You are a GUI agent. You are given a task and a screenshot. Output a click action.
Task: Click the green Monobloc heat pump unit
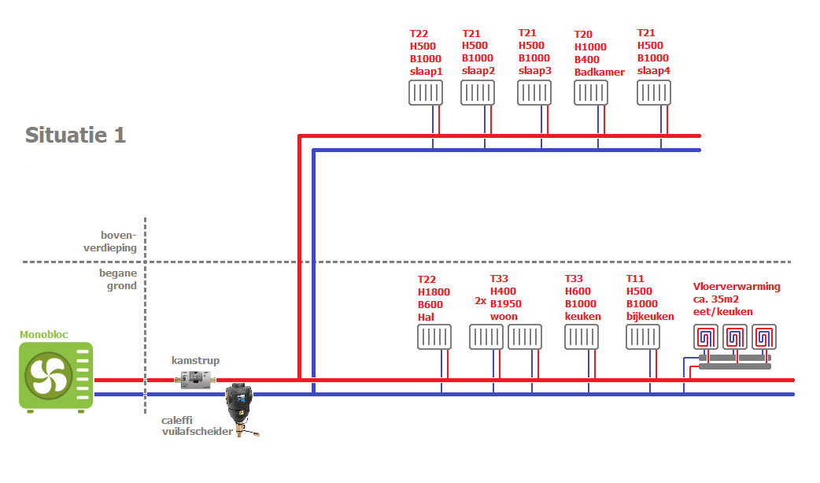point(56,375)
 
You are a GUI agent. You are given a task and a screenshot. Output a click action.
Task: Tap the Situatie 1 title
point(76,135)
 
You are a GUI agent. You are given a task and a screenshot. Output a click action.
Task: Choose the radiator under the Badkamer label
point(593,93)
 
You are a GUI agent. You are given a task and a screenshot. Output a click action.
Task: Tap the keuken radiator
point(582,337)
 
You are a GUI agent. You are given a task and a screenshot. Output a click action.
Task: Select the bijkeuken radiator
point(643,337)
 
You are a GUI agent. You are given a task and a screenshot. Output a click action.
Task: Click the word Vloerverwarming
point(737,287)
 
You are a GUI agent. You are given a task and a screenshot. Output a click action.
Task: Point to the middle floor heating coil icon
point(734,337)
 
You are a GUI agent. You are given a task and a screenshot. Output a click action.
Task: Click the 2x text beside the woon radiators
point(481,301)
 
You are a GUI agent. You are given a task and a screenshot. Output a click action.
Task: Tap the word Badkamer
point(599,72)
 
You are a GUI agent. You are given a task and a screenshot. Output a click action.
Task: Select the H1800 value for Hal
point(434,292)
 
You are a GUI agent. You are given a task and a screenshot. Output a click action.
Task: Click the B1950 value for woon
point(506,304)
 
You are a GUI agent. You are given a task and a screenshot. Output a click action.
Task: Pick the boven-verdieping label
point(118,241)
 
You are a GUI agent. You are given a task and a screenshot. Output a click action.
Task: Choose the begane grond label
point(118,279)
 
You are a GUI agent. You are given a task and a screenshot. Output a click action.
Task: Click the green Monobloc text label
point(44,335)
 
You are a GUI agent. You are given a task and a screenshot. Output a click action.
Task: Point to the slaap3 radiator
point(534,93)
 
